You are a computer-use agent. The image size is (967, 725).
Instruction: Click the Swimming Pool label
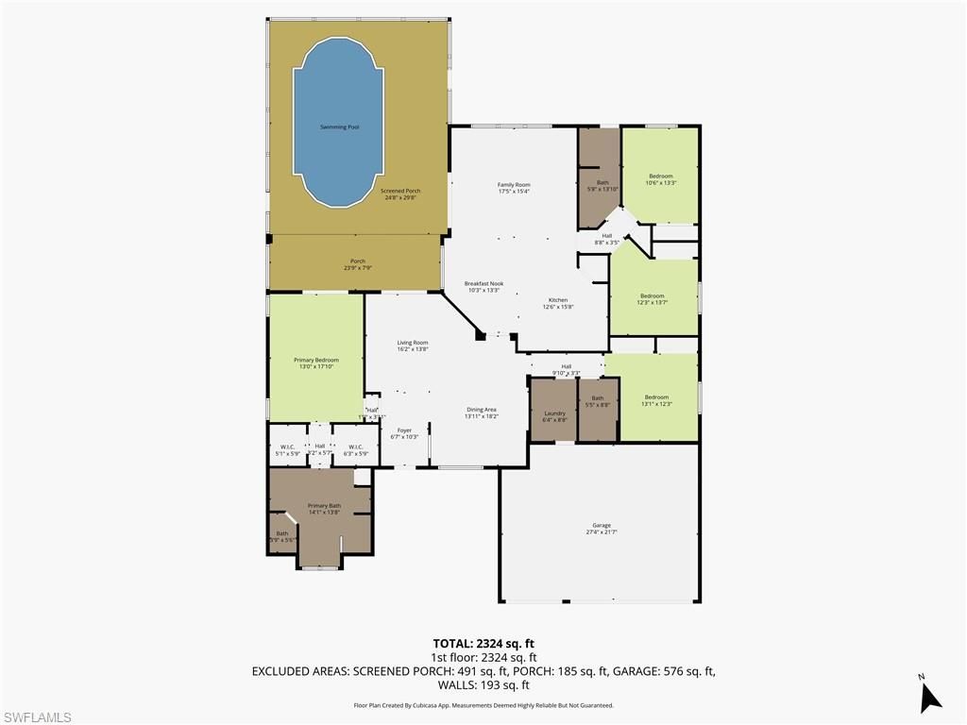coord(339,126)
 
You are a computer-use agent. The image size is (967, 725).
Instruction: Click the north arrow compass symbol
coord(930,696)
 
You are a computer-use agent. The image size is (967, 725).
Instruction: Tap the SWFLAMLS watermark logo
coord(37,717)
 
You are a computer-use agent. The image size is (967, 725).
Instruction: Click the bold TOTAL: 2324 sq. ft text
coord(483,642)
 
